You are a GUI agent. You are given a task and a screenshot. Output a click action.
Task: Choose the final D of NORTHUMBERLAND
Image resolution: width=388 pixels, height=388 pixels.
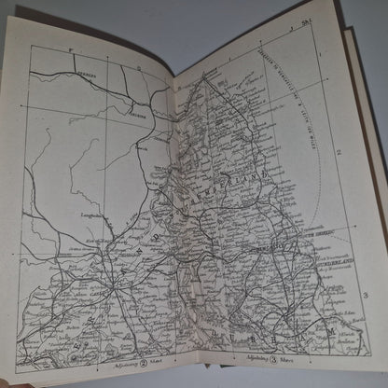(269, 173)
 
